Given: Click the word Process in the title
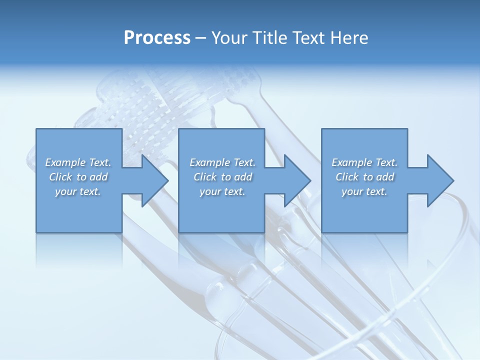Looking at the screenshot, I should [157, 38].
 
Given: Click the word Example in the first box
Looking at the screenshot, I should [65, 162].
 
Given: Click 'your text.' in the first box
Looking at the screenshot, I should [78, 191].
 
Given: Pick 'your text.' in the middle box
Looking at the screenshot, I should [222, 191].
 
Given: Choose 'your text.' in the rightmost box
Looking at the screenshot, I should [364, 191].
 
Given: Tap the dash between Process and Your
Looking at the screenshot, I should [201, 38].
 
